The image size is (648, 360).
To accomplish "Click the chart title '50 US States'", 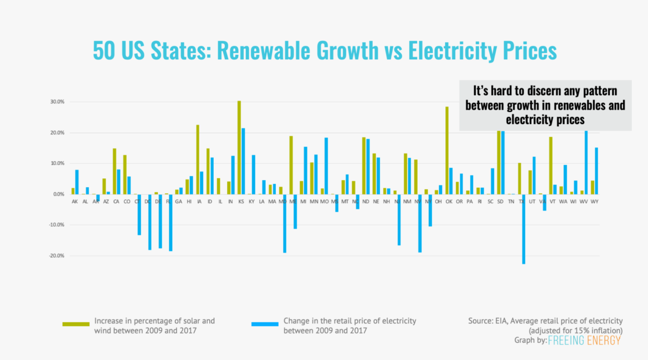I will [x=324, y=51].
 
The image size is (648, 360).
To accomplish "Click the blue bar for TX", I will [x=523, y=229].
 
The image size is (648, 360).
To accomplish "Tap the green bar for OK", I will [x=447, y=150].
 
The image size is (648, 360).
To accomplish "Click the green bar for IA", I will [x=198, y=160].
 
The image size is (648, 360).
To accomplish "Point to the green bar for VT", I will [x=551, y=166].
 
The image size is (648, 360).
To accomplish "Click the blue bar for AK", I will [x=77, y=182].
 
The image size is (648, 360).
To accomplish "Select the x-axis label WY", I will [x=595, y=201].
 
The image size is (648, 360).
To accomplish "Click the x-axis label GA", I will [x=179, y=201].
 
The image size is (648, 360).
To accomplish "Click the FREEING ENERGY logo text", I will [x=584, y=340].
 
